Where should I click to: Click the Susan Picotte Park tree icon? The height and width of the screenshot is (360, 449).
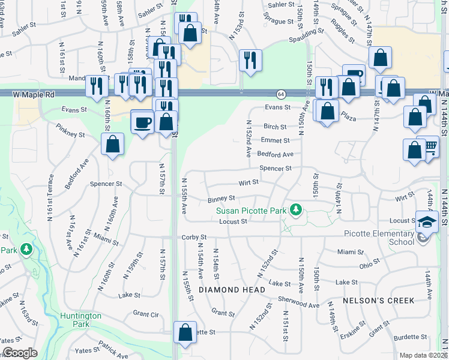(x=295, y=210)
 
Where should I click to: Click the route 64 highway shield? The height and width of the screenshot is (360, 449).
(x=281, y=94)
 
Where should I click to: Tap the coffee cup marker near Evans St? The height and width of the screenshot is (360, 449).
(x=142, y=122)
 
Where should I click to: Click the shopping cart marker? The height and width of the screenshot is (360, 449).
(x=430, y=146)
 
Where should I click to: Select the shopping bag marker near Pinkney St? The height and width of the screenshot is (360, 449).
(x=112, y=144)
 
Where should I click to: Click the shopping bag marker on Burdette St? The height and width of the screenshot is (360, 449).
(x=185, y=332)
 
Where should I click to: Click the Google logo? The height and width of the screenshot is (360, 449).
(x=20, y=353)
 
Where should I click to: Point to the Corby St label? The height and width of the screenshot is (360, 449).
(x=194, y=238)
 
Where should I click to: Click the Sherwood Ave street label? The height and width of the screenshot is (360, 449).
(x=298, y=305)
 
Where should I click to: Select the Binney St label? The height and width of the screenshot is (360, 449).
(x=221, y=199)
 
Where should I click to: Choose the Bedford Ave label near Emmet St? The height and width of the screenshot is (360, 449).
(x=276, y=154)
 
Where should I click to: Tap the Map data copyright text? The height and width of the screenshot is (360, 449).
(x=423, y=355)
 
